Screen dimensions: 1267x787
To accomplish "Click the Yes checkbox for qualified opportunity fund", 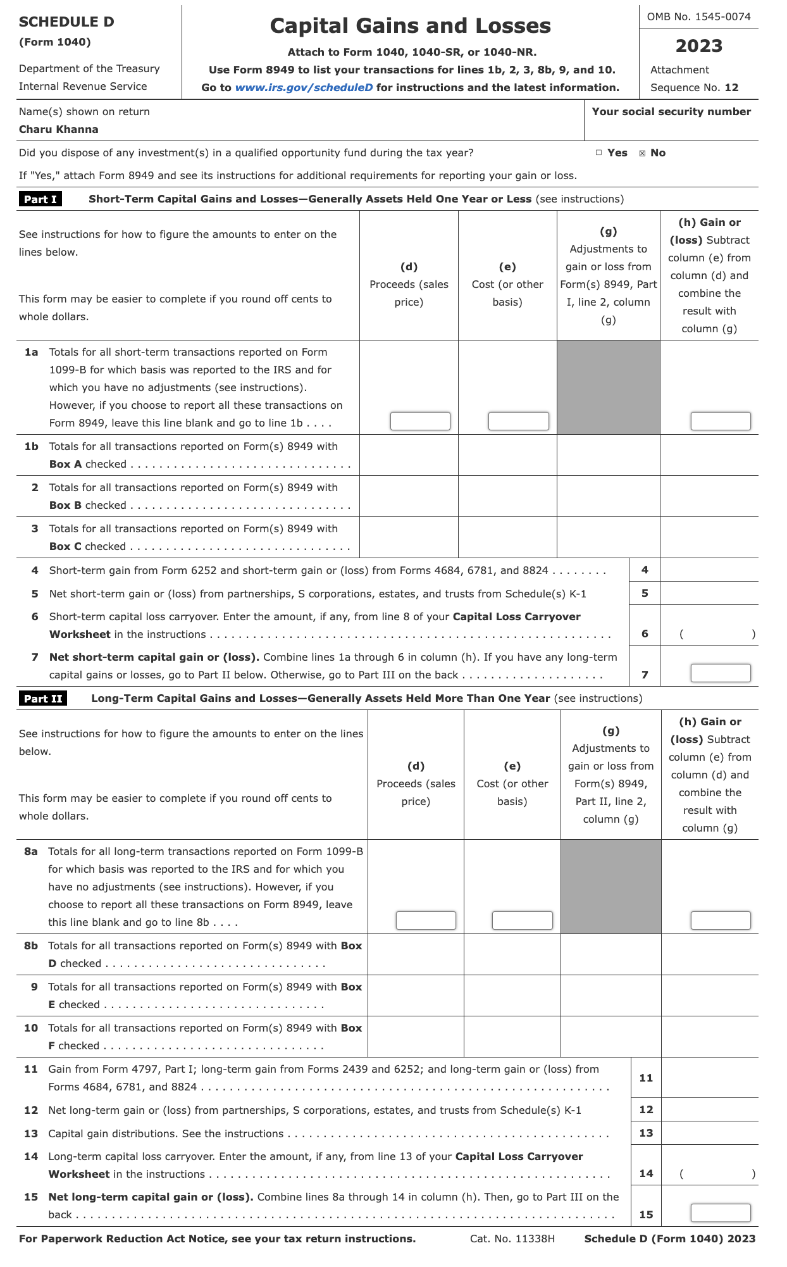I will click(x=598, y=153).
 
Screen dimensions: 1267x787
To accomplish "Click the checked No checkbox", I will click(x=642, y=153).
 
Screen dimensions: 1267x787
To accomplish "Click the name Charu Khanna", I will click(x=59, y=129).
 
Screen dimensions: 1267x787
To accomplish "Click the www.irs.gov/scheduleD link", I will click(x=304, y=87).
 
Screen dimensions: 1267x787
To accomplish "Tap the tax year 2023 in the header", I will click(x=698, y=46).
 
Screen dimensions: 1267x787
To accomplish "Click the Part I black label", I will click(x=40, y=199).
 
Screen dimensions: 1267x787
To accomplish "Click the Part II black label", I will click(x=43, y=698).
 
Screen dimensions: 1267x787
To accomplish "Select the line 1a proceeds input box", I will click(x=420, y=421).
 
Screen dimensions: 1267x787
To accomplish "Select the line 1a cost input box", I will click(x=518, y=421).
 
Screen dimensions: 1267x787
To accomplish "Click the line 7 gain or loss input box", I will click(x=720, y=673).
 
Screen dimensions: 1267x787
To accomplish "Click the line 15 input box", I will click(x=720, y=1213).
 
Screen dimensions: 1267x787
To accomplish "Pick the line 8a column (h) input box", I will click(x=720, y=920).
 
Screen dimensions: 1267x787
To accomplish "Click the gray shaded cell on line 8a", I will click(x=610, y=886).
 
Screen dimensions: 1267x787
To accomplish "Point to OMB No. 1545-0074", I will click(x=698, y=16).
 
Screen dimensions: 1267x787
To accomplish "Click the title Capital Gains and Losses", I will click(x=410, y=25).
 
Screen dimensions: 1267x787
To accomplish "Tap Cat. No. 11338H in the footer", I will click(x=512, y=1239).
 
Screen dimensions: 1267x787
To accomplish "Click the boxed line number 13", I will click(x=646, y=1133).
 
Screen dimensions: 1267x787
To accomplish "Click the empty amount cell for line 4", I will click(x=709, y=570).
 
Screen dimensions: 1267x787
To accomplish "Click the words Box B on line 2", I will click(x=65, y=505).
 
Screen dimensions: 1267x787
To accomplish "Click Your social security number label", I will click(x=671, y=111).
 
